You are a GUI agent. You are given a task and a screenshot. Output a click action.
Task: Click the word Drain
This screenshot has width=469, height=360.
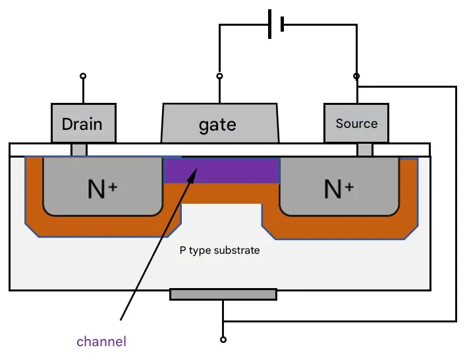[82, 124]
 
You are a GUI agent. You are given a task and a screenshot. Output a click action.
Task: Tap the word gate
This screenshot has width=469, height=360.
[217, 125]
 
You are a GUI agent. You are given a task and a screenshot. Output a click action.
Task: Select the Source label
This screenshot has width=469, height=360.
[356, 123]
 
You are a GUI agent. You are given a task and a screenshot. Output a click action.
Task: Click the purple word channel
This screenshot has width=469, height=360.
[101, 342]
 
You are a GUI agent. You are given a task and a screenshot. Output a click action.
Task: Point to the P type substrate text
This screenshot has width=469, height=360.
[219, 251]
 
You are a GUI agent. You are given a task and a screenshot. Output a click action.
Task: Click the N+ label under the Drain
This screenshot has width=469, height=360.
[102, 189]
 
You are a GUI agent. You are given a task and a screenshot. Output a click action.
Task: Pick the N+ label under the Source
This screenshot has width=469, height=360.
[339, 189]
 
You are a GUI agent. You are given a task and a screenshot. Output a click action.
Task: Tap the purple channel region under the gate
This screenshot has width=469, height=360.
[221, 170]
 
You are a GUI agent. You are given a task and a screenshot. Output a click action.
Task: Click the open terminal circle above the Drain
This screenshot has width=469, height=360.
[83, 76]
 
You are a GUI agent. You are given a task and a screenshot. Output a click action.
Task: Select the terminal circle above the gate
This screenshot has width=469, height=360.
[219, 76]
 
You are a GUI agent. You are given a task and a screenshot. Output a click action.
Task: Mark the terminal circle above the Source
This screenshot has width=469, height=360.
[356, 76]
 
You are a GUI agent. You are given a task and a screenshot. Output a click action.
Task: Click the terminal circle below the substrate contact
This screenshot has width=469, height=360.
[223, 340]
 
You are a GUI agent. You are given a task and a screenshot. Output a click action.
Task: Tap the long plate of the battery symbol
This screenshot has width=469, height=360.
[270, 24]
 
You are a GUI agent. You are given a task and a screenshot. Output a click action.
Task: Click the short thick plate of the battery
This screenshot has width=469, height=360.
[282, 24]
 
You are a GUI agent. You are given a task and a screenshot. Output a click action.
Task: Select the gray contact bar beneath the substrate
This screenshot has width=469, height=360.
[223, 295]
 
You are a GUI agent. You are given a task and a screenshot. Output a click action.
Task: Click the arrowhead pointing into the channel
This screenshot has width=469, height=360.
[192, 174]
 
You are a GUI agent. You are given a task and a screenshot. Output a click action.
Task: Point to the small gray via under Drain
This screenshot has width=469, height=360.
[79, 150]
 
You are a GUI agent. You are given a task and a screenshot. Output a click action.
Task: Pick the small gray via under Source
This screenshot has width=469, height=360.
[365, 150]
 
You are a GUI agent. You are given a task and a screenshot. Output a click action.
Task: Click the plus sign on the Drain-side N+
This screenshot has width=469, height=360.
[113, 187]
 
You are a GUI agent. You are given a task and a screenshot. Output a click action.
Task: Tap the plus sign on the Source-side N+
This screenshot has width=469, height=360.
[349, 187]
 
